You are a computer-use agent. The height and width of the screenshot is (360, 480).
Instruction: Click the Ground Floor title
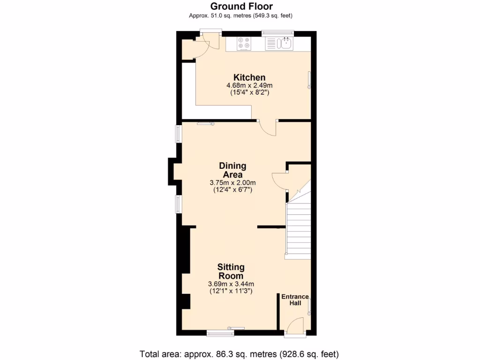coord(241,6)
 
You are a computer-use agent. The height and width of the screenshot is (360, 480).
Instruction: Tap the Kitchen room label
coord(249,77)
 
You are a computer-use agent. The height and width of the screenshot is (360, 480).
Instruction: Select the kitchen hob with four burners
coord(244,44)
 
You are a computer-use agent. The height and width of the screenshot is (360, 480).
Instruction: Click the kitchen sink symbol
coord(285,44)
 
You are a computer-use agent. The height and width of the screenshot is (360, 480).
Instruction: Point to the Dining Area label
coord(232,170)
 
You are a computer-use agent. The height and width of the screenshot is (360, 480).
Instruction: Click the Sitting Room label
coord(231,271)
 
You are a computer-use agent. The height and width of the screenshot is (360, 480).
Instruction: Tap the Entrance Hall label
coord(295,300)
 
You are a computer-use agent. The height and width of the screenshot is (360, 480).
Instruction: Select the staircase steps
coord(298,230)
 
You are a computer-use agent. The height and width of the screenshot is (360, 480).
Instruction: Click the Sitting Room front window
coord(220,333)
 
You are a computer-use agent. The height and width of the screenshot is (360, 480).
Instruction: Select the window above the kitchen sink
coord(278,33)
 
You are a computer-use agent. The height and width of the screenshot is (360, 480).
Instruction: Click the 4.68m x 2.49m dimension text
coord(249,86)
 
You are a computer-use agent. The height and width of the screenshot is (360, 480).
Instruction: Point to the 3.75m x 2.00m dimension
coord(232,183)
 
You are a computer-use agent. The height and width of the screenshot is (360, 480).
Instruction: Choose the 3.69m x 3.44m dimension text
coord(231,284)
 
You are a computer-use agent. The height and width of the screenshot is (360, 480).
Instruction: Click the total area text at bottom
coord(239,353)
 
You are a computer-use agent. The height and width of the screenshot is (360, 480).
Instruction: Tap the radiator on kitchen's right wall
coord(309,79)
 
